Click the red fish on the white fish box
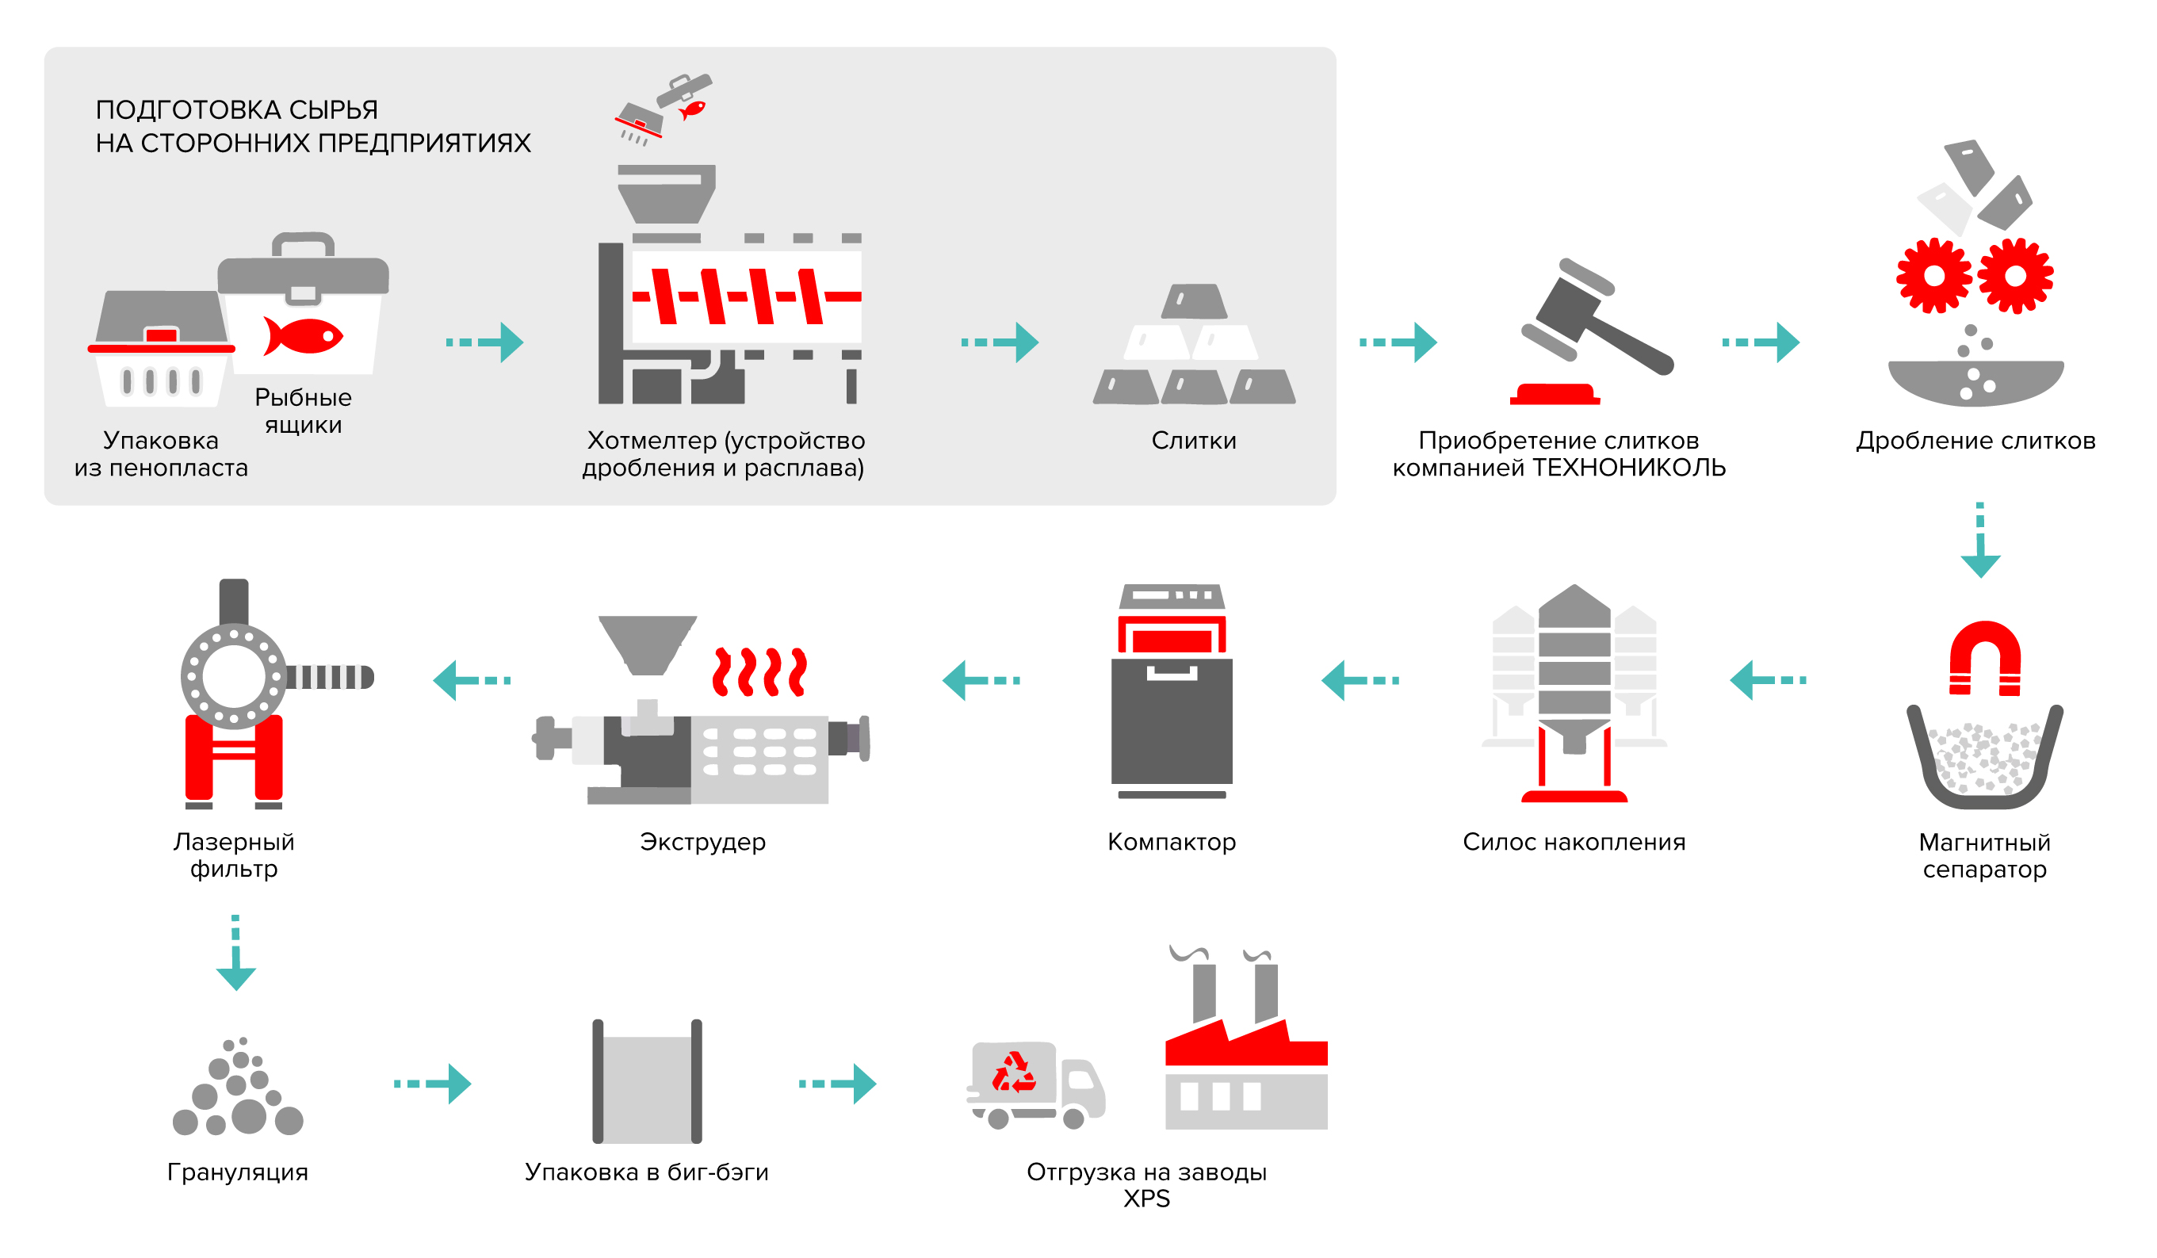[x=303, y=336]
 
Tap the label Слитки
[x=1193, y=441]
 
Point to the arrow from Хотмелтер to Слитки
[x=1000, y=342]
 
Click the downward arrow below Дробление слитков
[x=1979, y=541]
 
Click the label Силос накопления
[x=1574, y=842]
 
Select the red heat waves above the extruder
[x=759, y=671]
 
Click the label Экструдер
[x=702, y=842]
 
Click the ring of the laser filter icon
[x=234, y=677]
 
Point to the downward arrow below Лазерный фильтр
[x=235, y=954]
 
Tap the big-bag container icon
[x=647, y=1082]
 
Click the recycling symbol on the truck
[x=1015, y=1073]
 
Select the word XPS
[x=1146, y=1199]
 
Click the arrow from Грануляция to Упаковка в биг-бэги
[x=432, y=1084]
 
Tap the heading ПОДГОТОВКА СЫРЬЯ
[x=236, y=109]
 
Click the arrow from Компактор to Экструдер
[x=981, y=680]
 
